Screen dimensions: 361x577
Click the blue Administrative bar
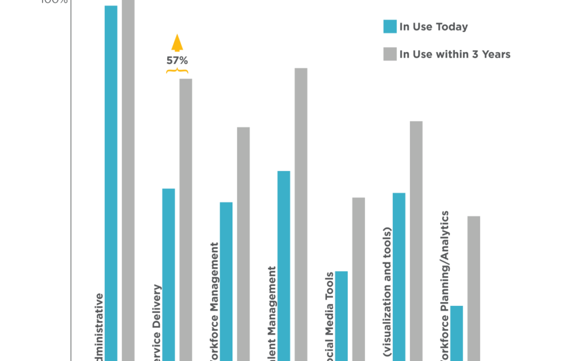(111, 182)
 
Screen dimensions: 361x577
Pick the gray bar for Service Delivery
(185, 219)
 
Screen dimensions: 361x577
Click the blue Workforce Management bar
(226, 281)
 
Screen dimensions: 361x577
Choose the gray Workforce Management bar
(243, 243)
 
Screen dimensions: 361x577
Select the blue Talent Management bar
(284, 265)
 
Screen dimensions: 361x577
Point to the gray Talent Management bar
(301, 214)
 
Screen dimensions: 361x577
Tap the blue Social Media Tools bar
(341, 316)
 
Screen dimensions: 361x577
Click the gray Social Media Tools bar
(358, 279)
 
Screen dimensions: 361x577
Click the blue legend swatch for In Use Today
(390, 27)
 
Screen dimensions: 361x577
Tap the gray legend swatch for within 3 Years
(390, 55)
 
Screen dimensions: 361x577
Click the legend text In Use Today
(434, 27)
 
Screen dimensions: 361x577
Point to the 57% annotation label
(177, 60)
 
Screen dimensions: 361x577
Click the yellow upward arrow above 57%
(177, 43)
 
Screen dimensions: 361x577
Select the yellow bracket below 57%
(177, 70)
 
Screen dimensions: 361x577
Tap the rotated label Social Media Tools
(330, 316)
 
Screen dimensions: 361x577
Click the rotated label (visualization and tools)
(387, 291)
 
